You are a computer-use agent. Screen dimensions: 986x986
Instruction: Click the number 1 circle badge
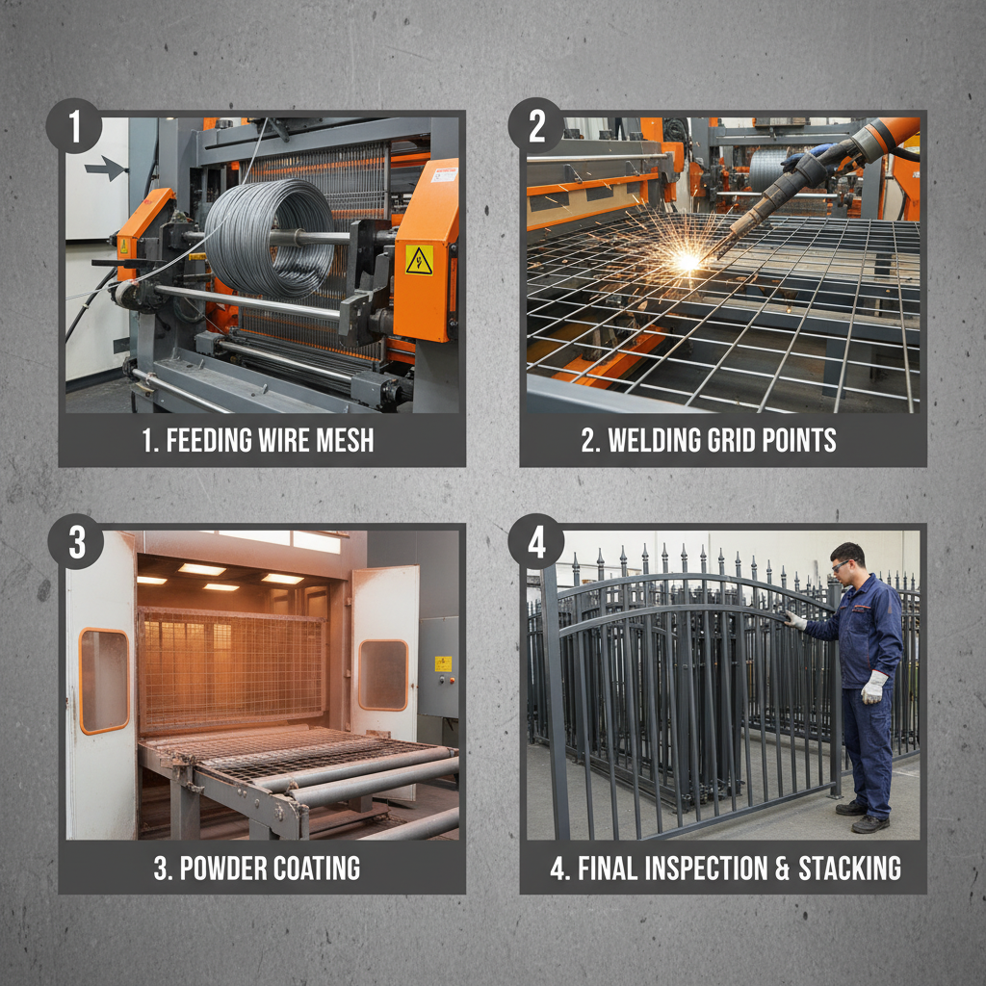[x=74, y=125]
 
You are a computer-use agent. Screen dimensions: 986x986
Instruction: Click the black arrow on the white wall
[x=106, y=169]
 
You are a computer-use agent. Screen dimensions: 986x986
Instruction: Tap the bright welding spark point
[x=687, y=261]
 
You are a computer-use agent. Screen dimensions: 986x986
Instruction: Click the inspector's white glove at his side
[x=873, y=686]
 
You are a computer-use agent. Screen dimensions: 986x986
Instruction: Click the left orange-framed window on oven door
[x=104, y=681]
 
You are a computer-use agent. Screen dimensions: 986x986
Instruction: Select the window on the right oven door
[x=383, y=674]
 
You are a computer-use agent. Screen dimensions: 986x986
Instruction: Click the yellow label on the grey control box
[x=442, y=663]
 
